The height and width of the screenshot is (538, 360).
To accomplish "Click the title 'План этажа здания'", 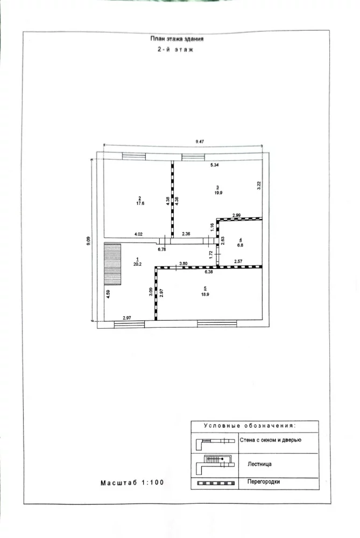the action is point(177,39).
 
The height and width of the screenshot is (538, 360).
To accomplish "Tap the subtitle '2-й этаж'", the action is point(175,49).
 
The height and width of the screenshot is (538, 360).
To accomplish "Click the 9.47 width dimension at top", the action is point(200,141).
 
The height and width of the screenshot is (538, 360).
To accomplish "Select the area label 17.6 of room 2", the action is point(140,203).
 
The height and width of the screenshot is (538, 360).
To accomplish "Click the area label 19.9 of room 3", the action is point(218,193).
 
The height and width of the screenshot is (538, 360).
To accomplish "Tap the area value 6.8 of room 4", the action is point(240,245).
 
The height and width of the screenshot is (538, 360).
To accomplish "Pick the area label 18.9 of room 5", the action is point(205,294).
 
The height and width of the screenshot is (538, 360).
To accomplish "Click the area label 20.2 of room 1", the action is point(137,264).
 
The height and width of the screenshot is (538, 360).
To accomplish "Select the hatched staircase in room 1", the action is point(113,264).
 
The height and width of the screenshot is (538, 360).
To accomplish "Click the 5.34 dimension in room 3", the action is point(215,165).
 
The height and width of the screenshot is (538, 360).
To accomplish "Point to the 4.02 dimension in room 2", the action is point(138,235).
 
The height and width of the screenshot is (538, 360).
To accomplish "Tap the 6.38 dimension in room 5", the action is point(209,272).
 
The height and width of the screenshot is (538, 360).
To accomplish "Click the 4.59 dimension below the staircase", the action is point(108,294).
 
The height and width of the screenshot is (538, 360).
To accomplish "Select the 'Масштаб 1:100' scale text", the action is point(132,483).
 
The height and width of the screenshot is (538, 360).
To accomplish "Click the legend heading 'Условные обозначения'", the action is point(250,426).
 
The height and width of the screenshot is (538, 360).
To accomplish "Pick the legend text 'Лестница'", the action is point(259,464).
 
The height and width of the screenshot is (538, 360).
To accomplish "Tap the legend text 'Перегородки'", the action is point(264,482).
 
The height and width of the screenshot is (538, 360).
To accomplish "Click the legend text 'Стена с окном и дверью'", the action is point(271,440).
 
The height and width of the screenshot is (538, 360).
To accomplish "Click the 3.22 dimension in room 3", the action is point(259,185).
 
